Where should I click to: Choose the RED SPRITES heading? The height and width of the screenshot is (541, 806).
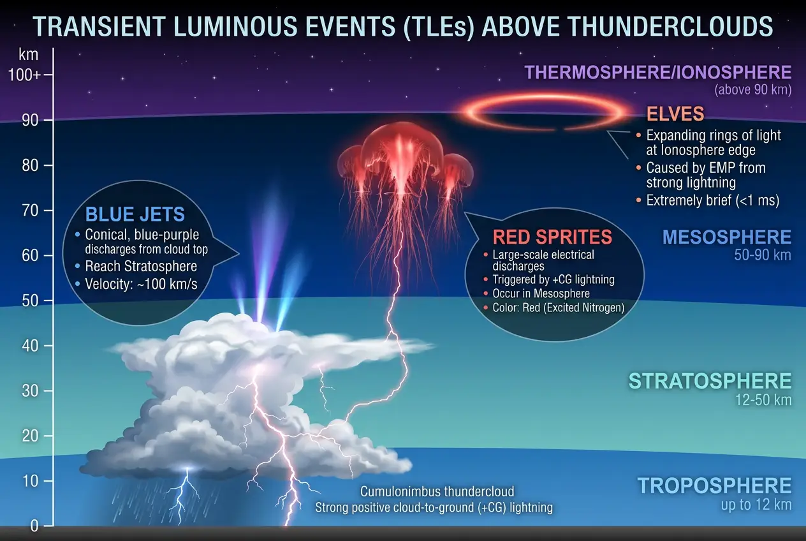[552, 237]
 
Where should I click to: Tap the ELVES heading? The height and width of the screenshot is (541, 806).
[675, 114]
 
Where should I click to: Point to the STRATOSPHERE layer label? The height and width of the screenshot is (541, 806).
[710, 382]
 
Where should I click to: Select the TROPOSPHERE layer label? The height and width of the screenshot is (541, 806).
[714, 485]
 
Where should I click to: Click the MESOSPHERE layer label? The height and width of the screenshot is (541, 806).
[726, 237]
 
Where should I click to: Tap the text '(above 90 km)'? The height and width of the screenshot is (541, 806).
[752, 89]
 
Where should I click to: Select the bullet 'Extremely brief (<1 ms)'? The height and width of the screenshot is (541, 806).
[712, 200]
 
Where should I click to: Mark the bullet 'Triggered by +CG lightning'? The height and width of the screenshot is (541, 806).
[553, 279]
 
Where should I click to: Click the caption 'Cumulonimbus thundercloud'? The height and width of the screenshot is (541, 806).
[437, 492]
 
